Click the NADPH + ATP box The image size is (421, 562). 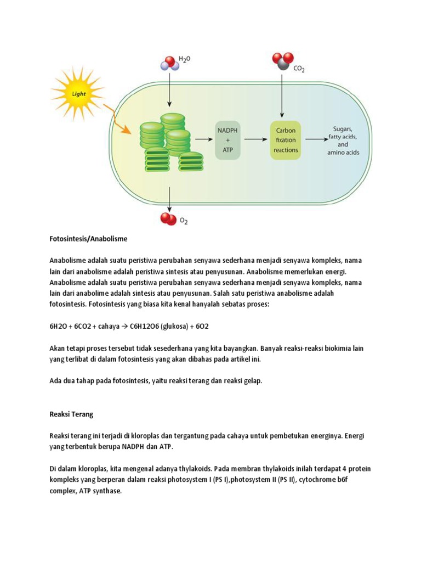pos(227,140)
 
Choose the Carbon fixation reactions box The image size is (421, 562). pos(286,140)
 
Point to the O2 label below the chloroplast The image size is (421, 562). pos(184,221)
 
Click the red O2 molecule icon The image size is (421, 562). pos(168,219)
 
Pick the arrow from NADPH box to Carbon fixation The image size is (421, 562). pos(256,140)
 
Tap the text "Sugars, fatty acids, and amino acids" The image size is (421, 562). pos(343,140)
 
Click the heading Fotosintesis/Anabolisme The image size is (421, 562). pos(88,239)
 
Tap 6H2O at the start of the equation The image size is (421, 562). pos(59,326)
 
